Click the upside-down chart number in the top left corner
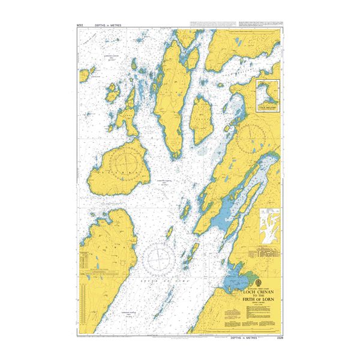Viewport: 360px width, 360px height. tap(81, 25)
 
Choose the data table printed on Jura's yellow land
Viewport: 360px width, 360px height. tap(87, 263)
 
